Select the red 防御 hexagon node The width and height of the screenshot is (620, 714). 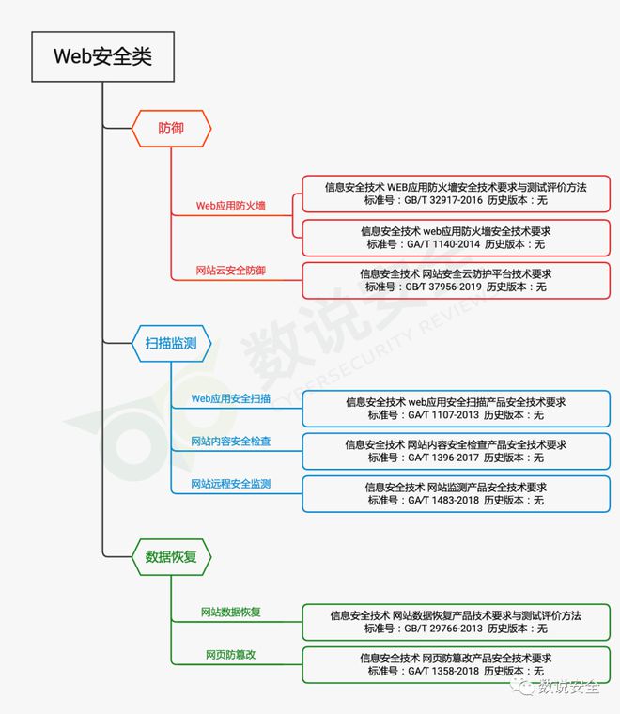[x=171, y=128]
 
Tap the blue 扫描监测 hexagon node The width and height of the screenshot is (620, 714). [x=171, y=344]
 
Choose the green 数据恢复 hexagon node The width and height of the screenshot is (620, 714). [x=171, y=556]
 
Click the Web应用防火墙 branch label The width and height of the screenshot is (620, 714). [x=231, y=205]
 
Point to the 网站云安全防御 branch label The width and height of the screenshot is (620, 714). [x=231, y=271]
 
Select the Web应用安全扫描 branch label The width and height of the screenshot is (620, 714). [x=231, y=398]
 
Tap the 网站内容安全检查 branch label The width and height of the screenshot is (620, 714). [x=231, y=441]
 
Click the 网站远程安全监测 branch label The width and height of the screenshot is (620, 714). [x=231, y=484]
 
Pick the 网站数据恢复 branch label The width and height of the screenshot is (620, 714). [x=231, y=613]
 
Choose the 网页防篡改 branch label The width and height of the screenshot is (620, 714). [x=231, y=654]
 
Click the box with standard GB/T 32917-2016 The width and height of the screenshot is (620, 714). [x=456, y=194]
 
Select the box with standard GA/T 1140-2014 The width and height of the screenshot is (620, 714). [x=456, y=238]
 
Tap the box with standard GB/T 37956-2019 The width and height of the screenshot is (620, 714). [x=456, y=280]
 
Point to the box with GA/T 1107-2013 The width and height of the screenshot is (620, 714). [x=456, y=409]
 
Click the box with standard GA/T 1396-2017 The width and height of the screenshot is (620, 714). [x=456, y=451]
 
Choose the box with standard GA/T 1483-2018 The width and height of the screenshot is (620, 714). [x=456, y=494]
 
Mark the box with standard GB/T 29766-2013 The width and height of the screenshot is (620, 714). [x=456, y=622]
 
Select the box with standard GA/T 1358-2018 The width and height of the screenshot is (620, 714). [x=456, y=664]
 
